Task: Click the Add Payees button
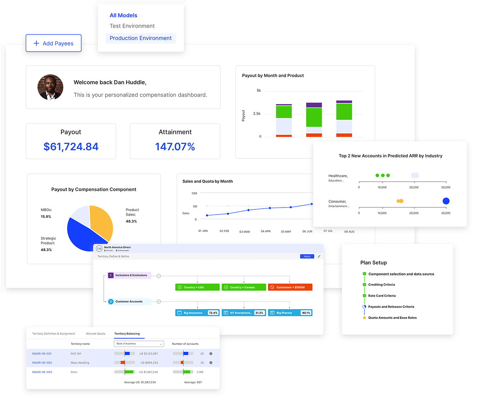[53, 43]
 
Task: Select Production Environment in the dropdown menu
[141, 38]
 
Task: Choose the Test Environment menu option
[132, 26]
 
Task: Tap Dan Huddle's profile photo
[50, 87]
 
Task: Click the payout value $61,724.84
[71, 146]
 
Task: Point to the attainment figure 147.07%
[175, 146]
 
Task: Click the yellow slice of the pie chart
[102, 221]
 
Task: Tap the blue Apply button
[307, 256]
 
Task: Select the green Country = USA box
[197, 287]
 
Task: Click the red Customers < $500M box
[290, 287]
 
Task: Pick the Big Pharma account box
[290, 313]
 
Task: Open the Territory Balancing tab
[127, 333]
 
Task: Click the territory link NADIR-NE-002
[42, 362]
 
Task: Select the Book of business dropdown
[139, 344]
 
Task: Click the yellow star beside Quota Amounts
[364, 318]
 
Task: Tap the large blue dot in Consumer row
[446, 201]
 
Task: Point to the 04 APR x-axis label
[266, 231]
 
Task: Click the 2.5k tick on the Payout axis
[257, 114]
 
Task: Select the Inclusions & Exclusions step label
[131, 275]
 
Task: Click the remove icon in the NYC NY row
[211, 354]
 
